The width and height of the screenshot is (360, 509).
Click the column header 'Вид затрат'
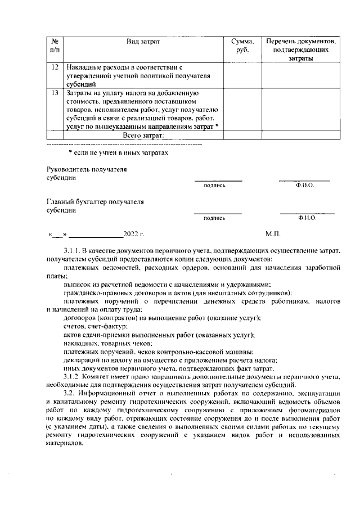pos(143,42)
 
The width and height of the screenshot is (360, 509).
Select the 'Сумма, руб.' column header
pos(242,46)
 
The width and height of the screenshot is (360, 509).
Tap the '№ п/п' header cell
pos(55,46)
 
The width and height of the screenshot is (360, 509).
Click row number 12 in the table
pos(55,67)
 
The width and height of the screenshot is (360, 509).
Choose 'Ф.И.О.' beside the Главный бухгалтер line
pos(307,217)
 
